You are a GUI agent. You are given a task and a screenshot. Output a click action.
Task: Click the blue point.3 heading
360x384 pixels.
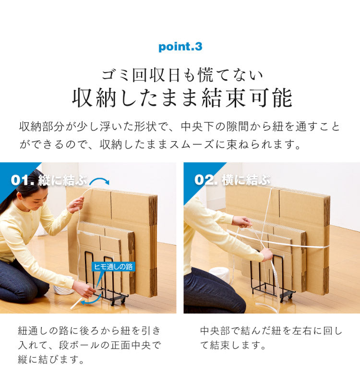(x=180, y=47)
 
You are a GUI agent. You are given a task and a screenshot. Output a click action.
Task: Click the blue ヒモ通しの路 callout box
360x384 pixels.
(x=113, y=267)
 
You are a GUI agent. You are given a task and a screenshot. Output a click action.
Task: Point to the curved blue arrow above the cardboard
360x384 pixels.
(x=99, y=180)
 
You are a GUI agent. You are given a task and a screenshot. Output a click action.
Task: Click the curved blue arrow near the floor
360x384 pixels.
(x=91, y=301)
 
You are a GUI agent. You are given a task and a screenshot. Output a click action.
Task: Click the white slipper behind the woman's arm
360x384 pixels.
(x=63, y=290)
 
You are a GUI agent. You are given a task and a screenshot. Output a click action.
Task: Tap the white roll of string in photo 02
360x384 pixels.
(x=219, y=275)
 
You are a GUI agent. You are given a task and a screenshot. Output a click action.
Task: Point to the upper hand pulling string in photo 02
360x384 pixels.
(x=242, y=222)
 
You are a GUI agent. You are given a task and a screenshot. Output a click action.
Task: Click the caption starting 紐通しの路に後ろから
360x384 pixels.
(x=90, y=345)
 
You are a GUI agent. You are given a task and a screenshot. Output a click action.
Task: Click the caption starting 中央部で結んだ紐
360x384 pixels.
(x=271, y=337)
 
